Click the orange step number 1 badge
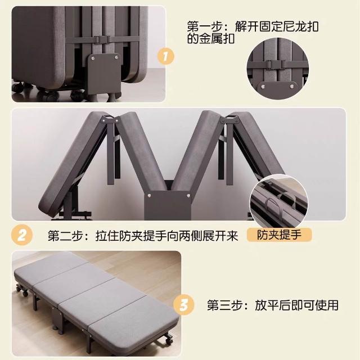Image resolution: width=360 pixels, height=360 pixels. coord(165,56)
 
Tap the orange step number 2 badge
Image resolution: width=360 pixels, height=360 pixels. coord(22,235)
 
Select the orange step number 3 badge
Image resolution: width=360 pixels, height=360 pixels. coord(184,305)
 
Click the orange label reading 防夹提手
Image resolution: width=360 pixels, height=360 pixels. coord(279,235)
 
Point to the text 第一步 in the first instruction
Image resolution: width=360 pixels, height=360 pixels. coord(204,26)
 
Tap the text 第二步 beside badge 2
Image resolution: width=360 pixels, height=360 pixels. coord(65,236)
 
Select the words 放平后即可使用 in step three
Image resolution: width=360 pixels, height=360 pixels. coord(296,305)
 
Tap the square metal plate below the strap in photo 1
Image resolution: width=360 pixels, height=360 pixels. coord(104,71)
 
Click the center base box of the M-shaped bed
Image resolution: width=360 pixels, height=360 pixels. coord(168,205)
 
